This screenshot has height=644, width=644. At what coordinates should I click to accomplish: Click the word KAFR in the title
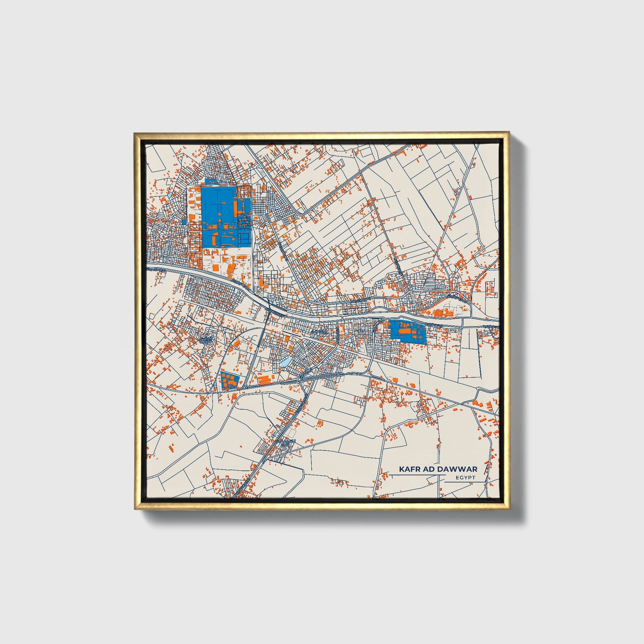pyautogui.click(x=408, y=469)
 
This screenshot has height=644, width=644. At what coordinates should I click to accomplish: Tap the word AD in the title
pyautogui.click(x=428, y=469)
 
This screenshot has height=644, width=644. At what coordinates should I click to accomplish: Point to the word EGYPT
pyautogui.click(x=466, y=478)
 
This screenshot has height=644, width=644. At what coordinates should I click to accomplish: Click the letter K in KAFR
pyautogui.click(x=401, y=469)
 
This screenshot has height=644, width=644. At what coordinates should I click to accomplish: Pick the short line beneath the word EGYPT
pyautogui.click(x=466, y=482)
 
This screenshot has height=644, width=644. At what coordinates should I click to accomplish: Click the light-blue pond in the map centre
pyautogui.click(x=285, y=362)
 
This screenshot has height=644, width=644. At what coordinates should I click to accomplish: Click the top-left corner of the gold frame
pyautogui.click(x=135, y=133)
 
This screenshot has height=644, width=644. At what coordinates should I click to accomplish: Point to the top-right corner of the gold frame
pyautogui.click(x=509, y=133)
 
